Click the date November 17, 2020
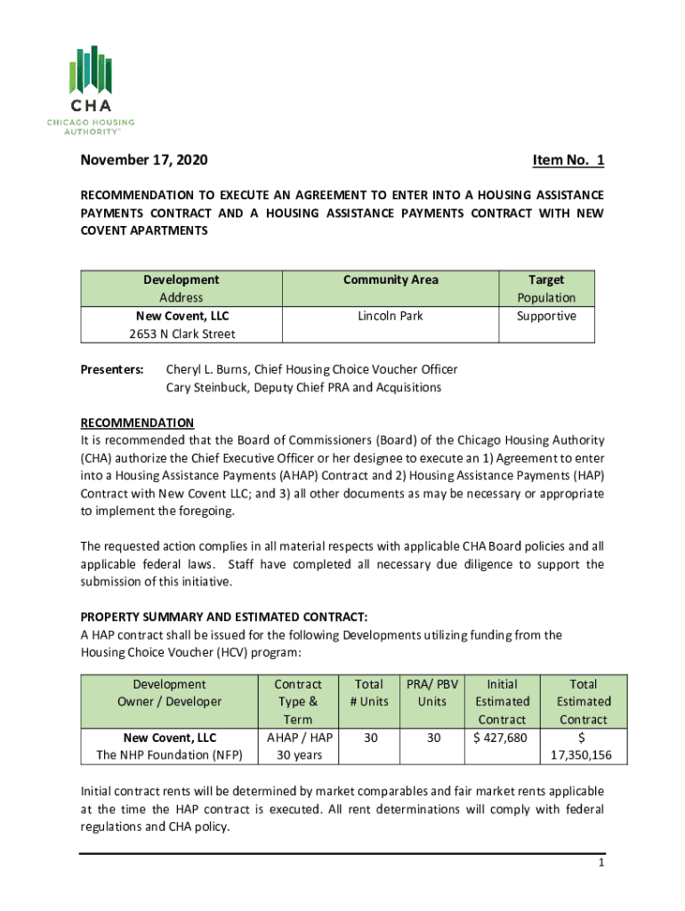click(x=144, y=160)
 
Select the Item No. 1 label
click(x=568, y=160)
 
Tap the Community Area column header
click(x=391, y=279)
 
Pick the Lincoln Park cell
click(x=391, y=316)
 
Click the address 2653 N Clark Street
click(x=181, y=334)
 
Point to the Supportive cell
click(x=546, y=316)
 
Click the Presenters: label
click(x=113, y=369)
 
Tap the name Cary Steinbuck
click(x=209, y=387)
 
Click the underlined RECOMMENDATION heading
click(x=137, y=423)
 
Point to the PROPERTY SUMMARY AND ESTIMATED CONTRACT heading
click(x=236, y=617)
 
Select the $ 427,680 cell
click(x=502, y=738)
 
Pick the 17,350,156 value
click(x=583, y=755)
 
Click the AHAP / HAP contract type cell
click(x=298, y=738)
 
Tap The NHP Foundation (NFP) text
click(x=169, y=755)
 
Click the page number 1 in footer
click(x=601, y=864)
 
